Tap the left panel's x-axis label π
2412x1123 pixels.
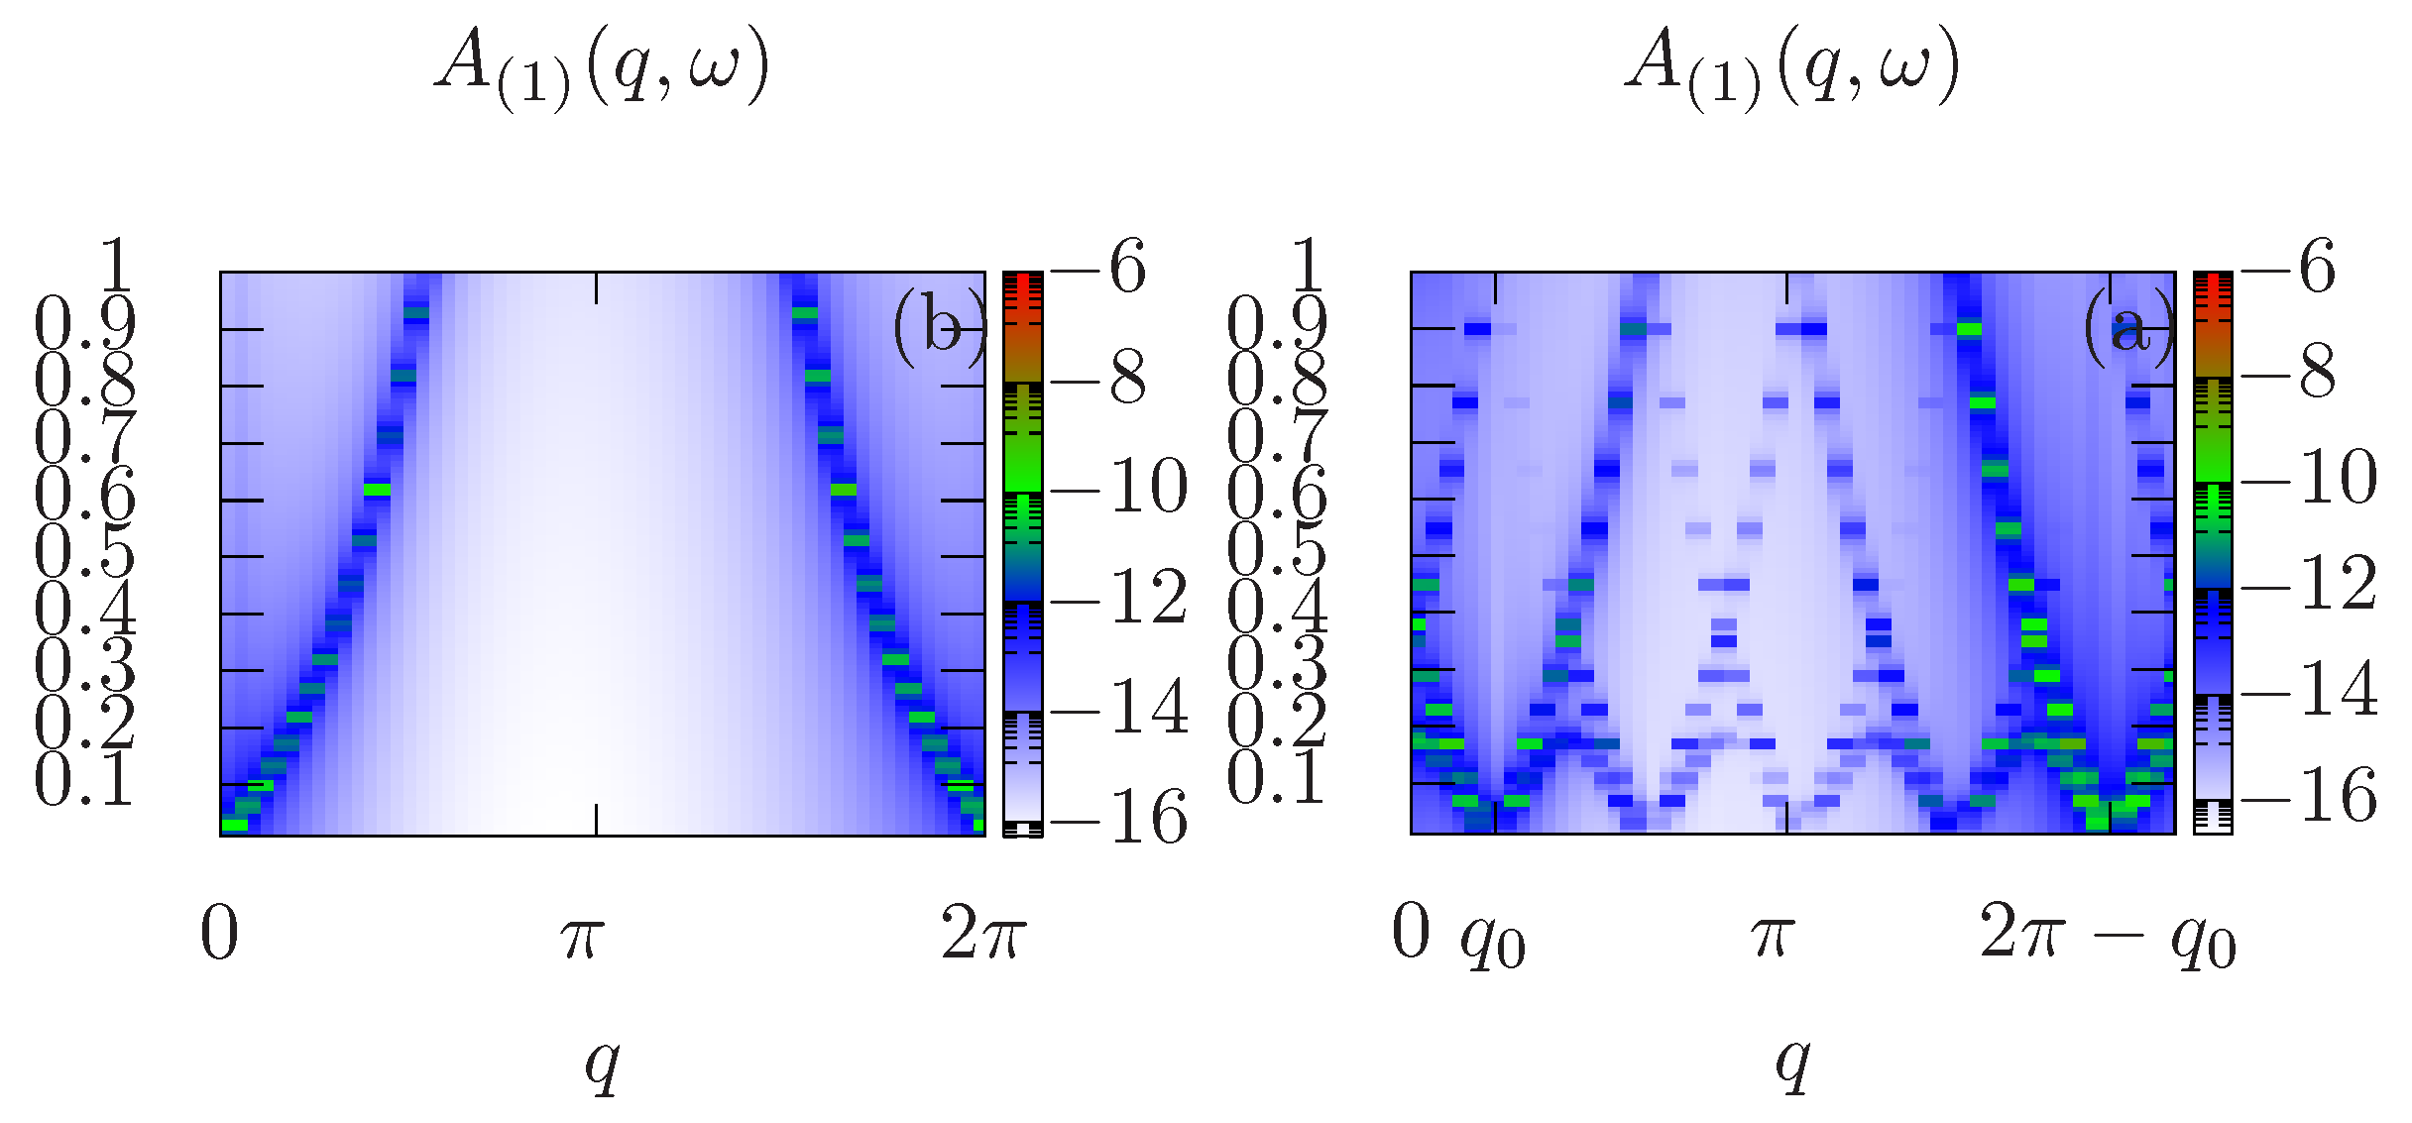582,935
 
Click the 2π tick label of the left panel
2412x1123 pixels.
982,935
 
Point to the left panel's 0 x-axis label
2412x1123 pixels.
219,935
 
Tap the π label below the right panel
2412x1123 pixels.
1773,935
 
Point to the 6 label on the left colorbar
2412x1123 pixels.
1128,267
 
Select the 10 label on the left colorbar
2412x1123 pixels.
1149,488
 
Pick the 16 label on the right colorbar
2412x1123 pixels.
2339,796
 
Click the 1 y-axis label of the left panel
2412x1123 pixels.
117,265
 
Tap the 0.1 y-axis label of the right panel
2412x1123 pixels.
1276,778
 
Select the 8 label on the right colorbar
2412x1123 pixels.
2318,373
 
